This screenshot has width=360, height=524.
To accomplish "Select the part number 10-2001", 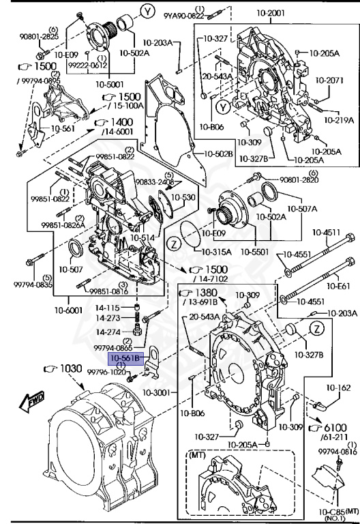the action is pos(271,13).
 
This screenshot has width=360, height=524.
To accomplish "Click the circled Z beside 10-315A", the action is pos(174,244).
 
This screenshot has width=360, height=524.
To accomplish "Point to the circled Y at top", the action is pos(147,12).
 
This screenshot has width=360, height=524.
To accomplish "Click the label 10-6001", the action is pos(68,310).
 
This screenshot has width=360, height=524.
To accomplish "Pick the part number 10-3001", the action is pos(156,393).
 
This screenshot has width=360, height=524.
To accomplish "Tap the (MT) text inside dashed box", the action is pos(197,455).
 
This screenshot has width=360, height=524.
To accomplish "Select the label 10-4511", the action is pos(327,232).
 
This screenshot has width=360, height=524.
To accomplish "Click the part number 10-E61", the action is pos(338,286).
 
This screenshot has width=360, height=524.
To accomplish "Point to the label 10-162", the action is pos(338,388).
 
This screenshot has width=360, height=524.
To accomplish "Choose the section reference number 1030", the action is pos(71,368).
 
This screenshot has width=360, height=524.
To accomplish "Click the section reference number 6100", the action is pos(335,428).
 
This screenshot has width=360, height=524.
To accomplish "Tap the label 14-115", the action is pos(108,308).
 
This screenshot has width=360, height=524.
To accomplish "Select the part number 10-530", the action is pos(183,197).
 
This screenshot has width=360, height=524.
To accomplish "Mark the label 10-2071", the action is pos(329,81).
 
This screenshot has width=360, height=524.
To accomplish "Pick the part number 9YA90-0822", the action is pos(183,16).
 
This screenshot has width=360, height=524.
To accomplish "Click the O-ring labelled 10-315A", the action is pos(190,235).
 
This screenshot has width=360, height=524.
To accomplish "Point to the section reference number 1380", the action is pos(206,293).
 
